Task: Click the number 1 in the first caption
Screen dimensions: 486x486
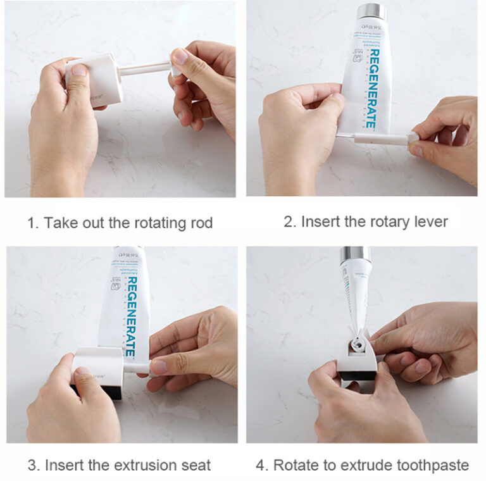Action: tap(30, 223)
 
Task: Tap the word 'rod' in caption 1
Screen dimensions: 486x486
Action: tap(199, 223)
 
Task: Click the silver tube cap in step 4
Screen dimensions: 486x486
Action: tap(355, 256)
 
